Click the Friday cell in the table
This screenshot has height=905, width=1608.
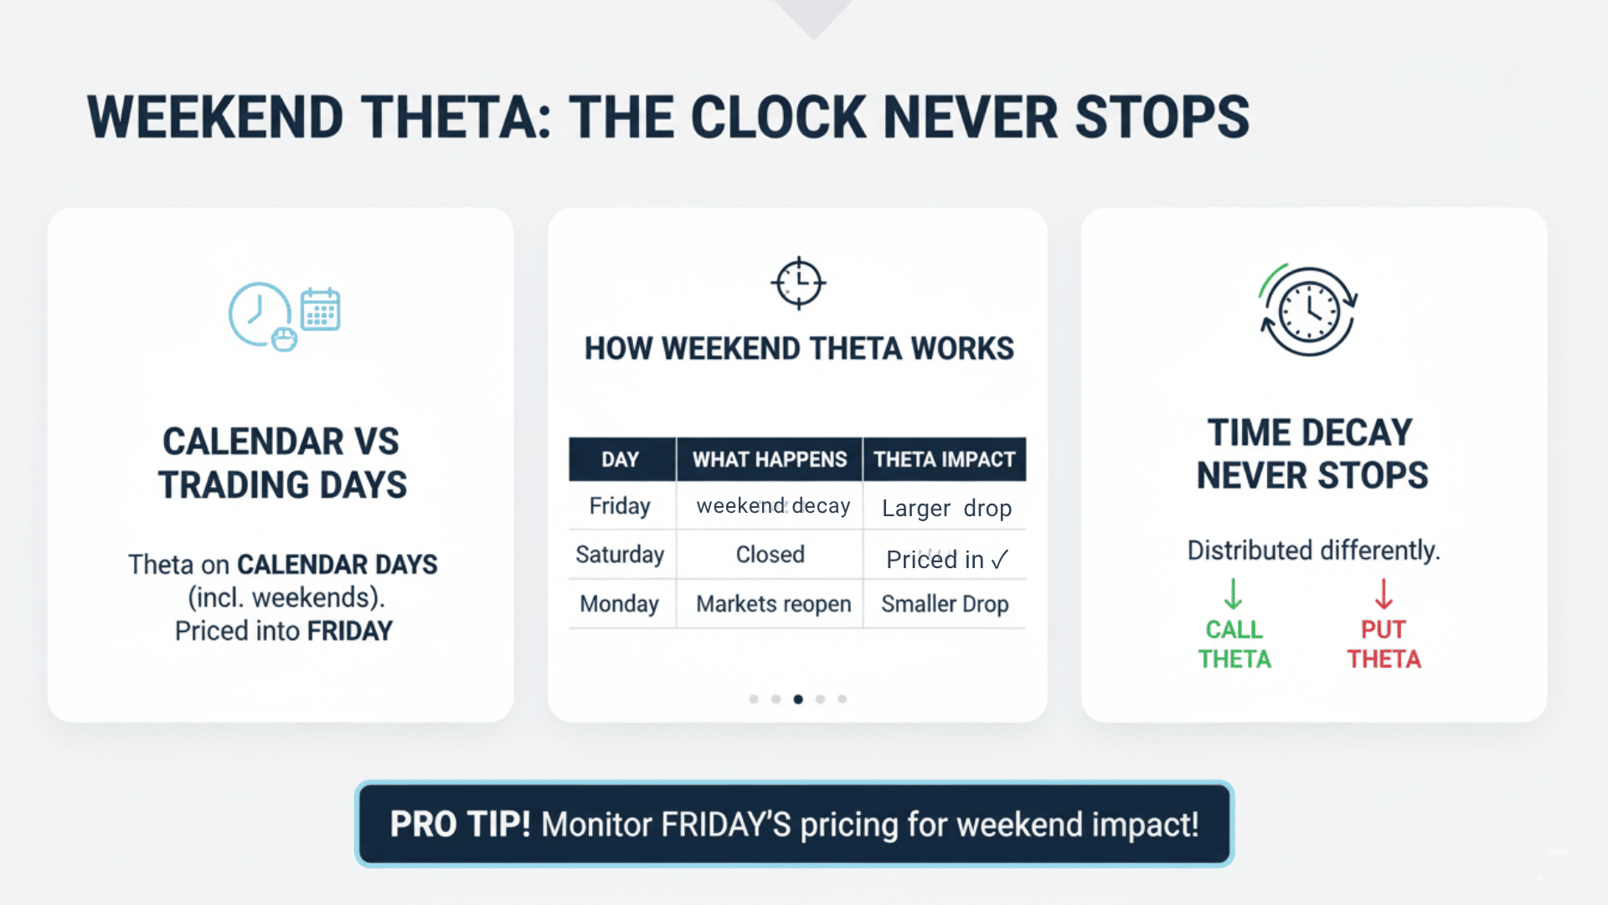point(620,506)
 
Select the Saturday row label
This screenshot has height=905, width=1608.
point(620,555)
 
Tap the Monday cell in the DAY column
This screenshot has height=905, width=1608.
point(620,604)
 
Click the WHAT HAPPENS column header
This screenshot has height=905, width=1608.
point(769,459)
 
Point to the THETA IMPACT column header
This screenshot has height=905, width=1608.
point(944,459)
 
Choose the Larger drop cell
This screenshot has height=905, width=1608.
point(946,509)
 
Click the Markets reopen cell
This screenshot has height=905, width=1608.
point(773,604)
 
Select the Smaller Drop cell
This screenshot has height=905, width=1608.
point(945,604)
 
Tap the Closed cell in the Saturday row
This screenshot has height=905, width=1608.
point(770,555)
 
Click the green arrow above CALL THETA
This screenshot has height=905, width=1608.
point(1233,593)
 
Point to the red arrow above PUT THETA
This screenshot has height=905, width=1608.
point(1384,593)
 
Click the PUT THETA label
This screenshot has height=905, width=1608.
point(1384,644)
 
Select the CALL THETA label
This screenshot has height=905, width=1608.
point(1234,644)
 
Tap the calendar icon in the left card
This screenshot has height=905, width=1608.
point(320,309)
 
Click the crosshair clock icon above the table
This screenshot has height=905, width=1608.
point(798,282)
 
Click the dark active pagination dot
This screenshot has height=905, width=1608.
point(798,699)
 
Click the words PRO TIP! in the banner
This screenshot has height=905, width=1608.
point(460,825)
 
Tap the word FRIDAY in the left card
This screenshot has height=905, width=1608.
point(350,631)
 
